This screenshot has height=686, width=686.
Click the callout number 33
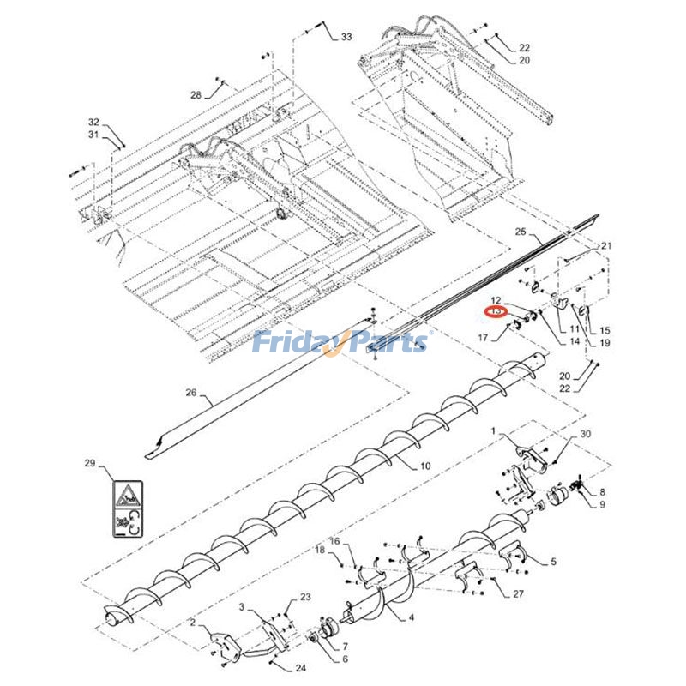(346, 37)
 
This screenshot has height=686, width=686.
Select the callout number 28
(196, 95)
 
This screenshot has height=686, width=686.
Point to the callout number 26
(191, 394)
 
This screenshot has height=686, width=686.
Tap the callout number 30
(586, 435)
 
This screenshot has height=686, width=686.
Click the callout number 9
(602, 504)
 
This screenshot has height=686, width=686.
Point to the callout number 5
(553, 562)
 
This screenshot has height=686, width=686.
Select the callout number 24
(300, 668)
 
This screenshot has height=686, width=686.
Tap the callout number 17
(483, 338)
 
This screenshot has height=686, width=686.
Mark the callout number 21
(607, 246)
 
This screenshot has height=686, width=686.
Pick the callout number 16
(335, 541)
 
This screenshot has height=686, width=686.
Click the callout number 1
(494, 429)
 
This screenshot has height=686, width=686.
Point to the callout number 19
(605, 343)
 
